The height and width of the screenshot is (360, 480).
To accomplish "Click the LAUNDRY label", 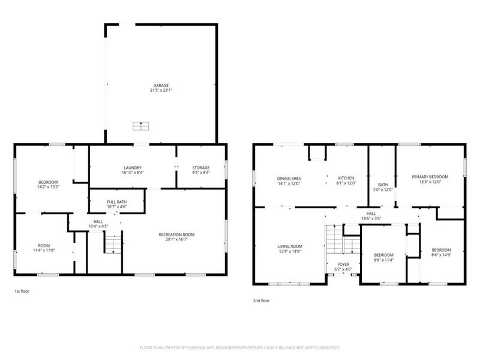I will (x=132, y=167).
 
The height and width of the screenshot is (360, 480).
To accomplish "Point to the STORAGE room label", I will (x=200, y=167).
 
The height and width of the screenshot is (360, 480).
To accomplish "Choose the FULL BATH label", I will (x=116, y=202).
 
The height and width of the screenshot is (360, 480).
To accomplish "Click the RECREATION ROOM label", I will (x=176, y=235).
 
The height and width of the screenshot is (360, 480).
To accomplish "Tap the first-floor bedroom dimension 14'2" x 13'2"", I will (x=48, y=187).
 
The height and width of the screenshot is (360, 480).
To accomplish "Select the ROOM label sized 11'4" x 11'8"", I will (x=44, y=245).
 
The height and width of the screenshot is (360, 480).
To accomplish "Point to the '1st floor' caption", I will (x=22, y=291).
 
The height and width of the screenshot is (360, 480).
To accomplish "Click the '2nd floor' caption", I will (x=262, y=299).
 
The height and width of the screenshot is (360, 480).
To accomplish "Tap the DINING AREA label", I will (x=289, y=178).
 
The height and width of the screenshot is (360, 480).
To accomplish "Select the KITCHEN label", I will (x=346, y=178).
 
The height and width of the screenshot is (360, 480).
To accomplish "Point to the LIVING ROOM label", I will (x=289, y=246).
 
